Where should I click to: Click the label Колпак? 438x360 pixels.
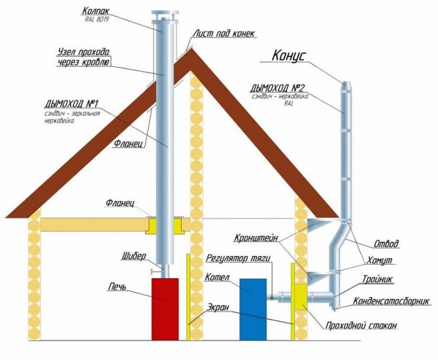click(95, 10)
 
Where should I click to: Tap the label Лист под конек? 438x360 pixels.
click(223, 33)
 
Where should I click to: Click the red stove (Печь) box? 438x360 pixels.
click(165, 308)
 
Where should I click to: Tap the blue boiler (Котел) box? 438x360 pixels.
click(252, 308)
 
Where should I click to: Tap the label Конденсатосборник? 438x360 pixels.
click(391, 301)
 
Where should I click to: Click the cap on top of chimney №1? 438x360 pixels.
click(161, 15)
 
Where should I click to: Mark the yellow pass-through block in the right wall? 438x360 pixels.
click(301, 297)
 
